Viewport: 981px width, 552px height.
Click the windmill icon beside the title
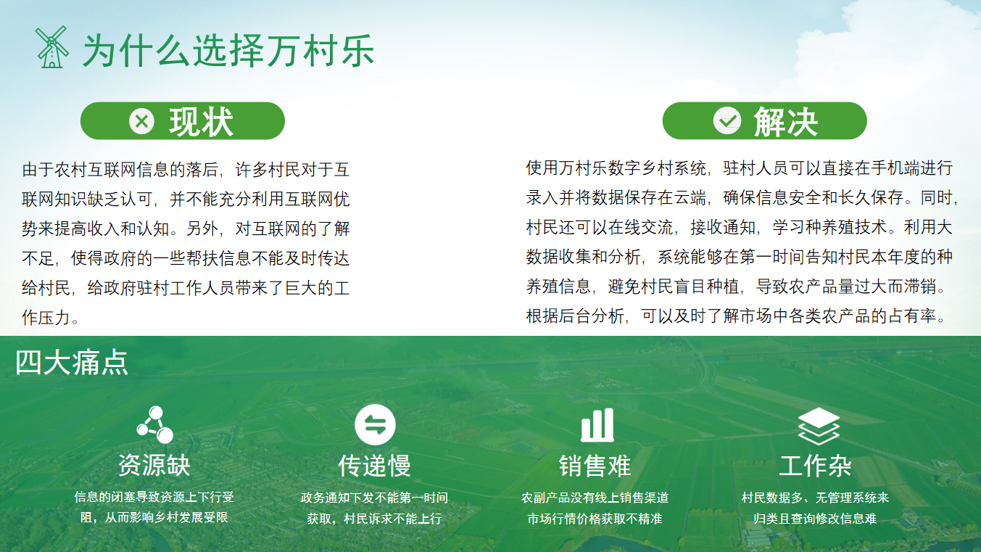pyautogui.click(x=51, y=47)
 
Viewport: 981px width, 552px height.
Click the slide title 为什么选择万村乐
pyautogui.click(x=228, y=51)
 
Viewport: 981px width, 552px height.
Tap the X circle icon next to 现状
pyautogui.click(x=142, y=121)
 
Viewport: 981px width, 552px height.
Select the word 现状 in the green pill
pyautogui.click(x=201, y=122)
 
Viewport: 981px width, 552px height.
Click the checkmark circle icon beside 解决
pyautogui.click(x=727, y=120)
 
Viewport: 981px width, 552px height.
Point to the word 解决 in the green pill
pyautogui.click(x=785, y=121)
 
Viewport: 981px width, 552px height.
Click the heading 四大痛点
pyautogui.click(x=72, y=363)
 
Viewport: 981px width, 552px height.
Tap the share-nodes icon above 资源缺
pyautogui.click(x=154, y=424)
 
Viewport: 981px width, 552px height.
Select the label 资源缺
pyautogui.click(x=154, y=466)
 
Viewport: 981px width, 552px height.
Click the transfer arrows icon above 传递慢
pyautogui.click(x=375, y=425)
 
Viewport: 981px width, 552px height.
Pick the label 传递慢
pyautogui.click(x=374, y=466)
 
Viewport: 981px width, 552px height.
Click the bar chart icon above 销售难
pyautogui.click(x=597, y=425)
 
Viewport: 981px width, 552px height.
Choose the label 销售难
pyautogui.click(x=595, y=466)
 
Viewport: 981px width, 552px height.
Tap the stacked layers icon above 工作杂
pyautogui.click(x=818, y=425)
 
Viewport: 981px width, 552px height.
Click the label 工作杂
pyautogui.click(x=815, y=466)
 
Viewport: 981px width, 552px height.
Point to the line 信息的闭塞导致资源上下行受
pyautogui.click(x=154, y=498)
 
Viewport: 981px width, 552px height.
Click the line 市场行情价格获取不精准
pyautogui.click(x=595, y=519)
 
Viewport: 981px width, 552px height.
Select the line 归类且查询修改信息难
pyautogui.click(x=815, y=519)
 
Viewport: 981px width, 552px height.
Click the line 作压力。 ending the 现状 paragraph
pyautogui.click(x=51, y=318)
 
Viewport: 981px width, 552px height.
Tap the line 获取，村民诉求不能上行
pyautogui.click(x=374, y=519)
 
